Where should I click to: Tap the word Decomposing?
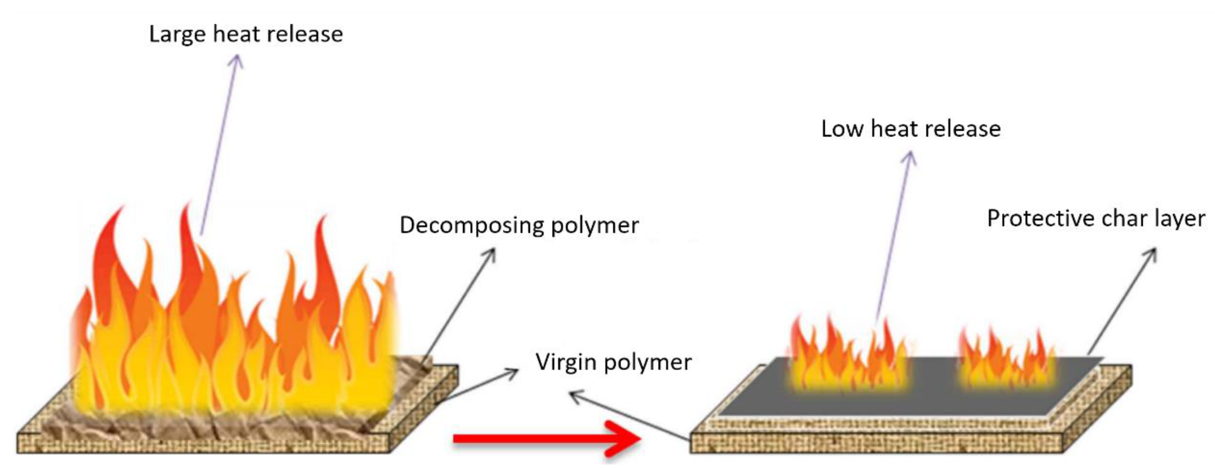472,225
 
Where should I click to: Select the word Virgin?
566,362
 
